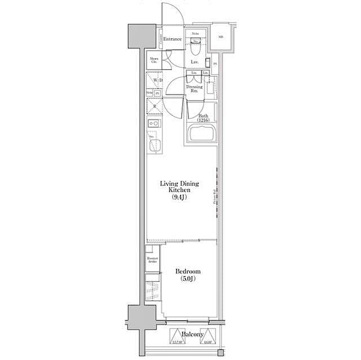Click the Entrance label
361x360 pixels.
(173, 39)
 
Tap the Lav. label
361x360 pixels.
(195, 61)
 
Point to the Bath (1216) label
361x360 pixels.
(202, 118)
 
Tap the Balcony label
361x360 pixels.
(192, 335)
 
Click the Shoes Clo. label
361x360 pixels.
(153, 60)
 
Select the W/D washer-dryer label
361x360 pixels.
(156, 81)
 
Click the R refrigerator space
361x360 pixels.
(155, 106)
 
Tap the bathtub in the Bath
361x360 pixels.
(201, 136)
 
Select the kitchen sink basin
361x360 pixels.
(154, 145)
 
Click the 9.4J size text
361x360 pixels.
(180, 198)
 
